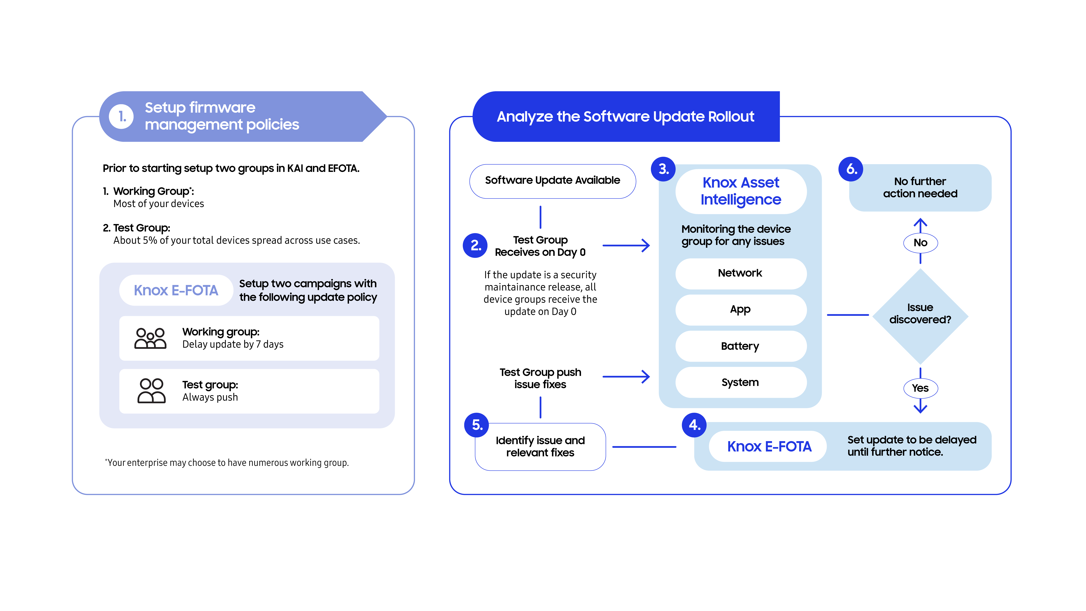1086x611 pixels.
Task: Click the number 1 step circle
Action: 121,116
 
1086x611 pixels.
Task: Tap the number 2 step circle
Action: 475,245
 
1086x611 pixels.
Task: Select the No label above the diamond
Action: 920,243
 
